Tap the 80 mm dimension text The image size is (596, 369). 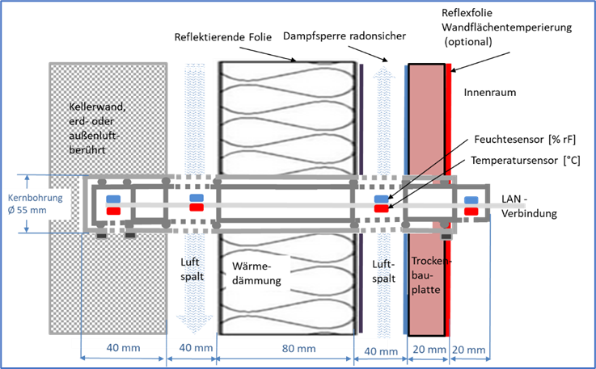(299, 350)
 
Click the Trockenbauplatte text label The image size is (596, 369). (429, 275)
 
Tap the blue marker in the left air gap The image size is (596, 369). (197, 198)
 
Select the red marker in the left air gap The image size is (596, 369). (197, 208)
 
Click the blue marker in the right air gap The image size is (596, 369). (381, 199)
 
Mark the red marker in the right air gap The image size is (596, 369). (381, 209)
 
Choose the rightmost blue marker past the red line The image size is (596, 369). (471, 199)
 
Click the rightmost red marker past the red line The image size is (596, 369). (471, 212)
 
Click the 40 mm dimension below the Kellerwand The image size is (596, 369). (123, 349)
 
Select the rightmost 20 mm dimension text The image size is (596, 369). (471, 350)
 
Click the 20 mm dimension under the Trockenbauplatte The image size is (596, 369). (429, 350)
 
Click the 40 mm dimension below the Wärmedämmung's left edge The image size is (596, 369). (197, 349)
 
